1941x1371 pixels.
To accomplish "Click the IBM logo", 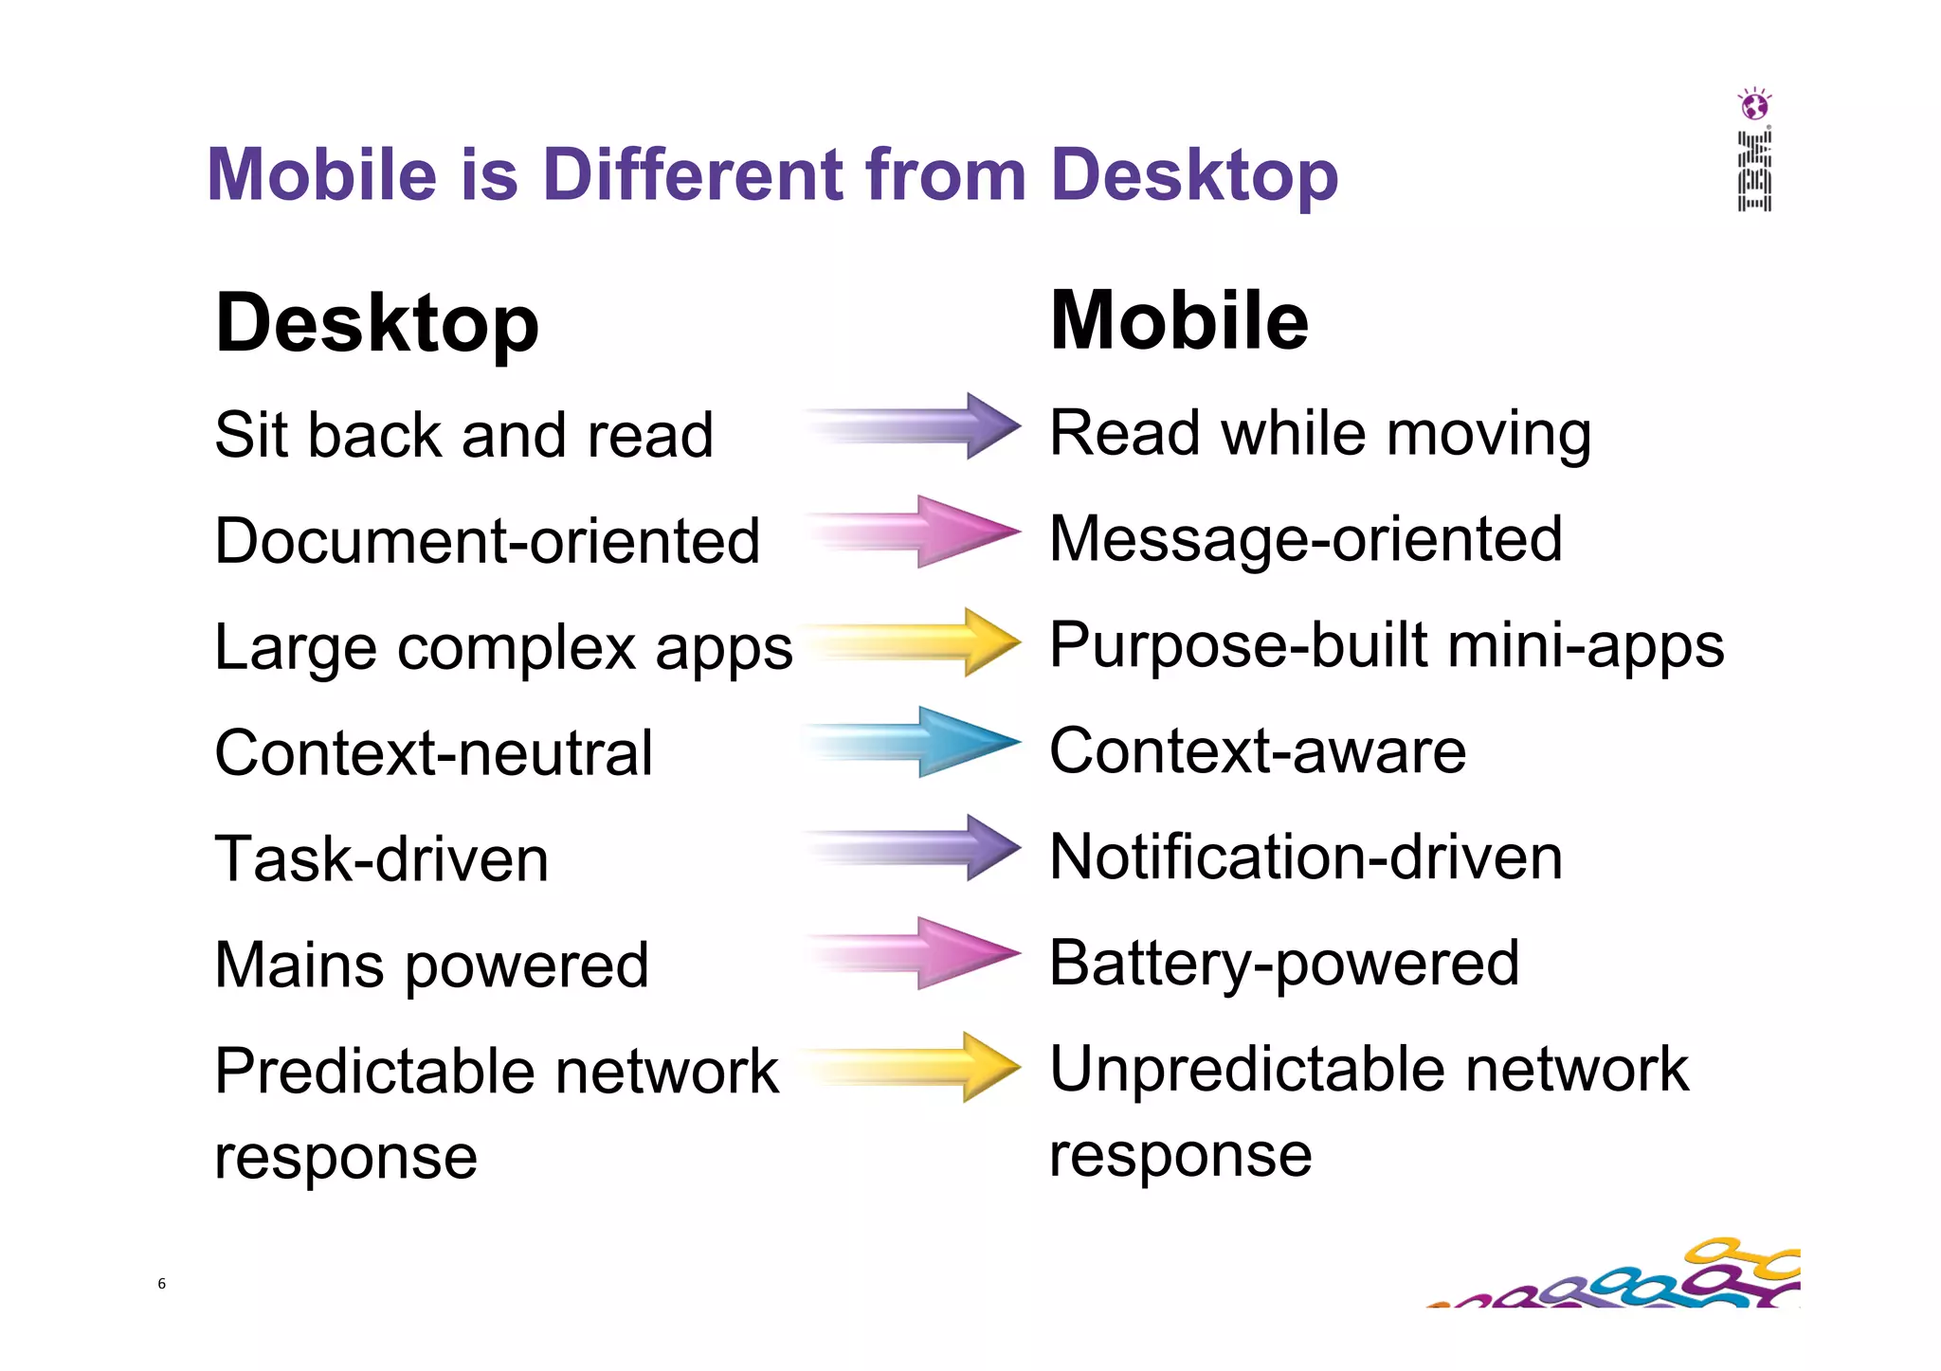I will (1754, 171).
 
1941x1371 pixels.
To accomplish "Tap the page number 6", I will (161, 1284).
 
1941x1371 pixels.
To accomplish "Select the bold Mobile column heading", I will (1179, 321).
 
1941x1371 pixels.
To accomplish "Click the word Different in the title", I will (692, 175).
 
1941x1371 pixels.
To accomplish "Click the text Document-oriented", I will (487, 541).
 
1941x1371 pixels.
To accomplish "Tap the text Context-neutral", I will (433, 753).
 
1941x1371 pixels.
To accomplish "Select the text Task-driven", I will (381, 859).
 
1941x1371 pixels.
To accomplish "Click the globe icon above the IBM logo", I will (1754, 105).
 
